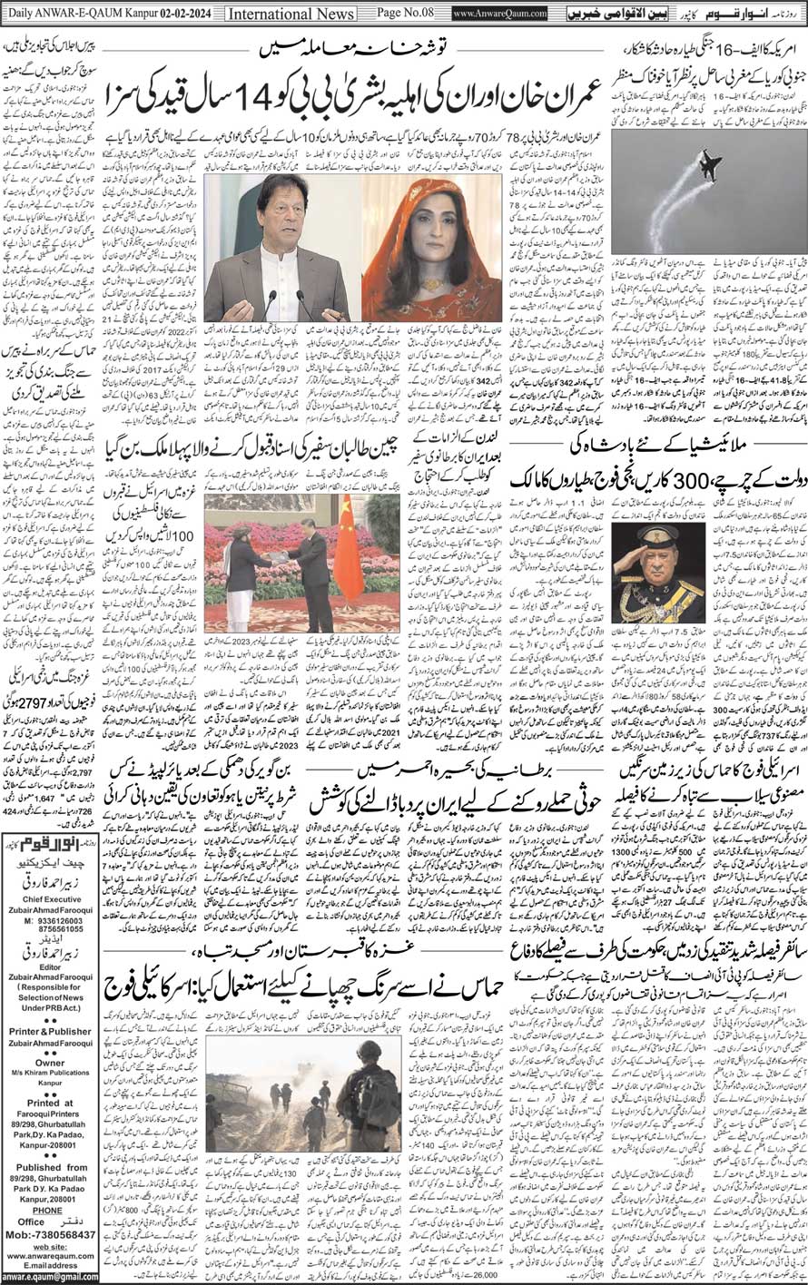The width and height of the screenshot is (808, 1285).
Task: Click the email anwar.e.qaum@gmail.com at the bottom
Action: click(49, 1276)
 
